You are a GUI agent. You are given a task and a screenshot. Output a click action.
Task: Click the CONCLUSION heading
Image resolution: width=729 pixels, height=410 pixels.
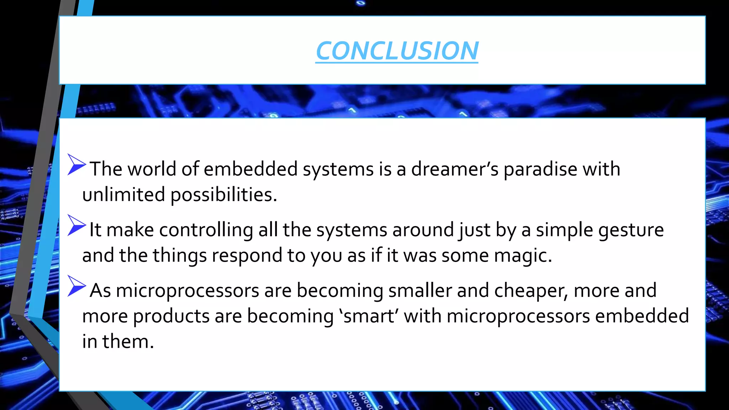click(397, 51)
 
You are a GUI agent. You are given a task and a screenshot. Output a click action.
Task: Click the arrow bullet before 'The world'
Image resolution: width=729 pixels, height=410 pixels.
click(76, 164)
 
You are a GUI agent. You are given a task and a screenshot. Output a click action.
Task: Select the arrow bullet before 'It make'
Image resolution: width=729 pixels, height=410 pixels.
click(76, 225)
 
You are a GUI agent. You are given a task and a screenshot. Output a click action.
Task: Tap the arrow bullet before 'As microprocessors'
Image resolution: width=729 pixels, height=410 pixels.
click(76, 286)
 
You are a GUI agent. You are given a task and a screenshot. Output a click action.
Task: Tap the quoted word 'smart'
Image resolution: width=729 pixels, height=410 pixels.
click(369, 316)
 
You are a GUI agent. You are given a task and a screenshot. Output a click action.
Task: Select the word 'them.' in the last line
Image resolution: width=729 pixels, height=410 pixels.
click(128, 341)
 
